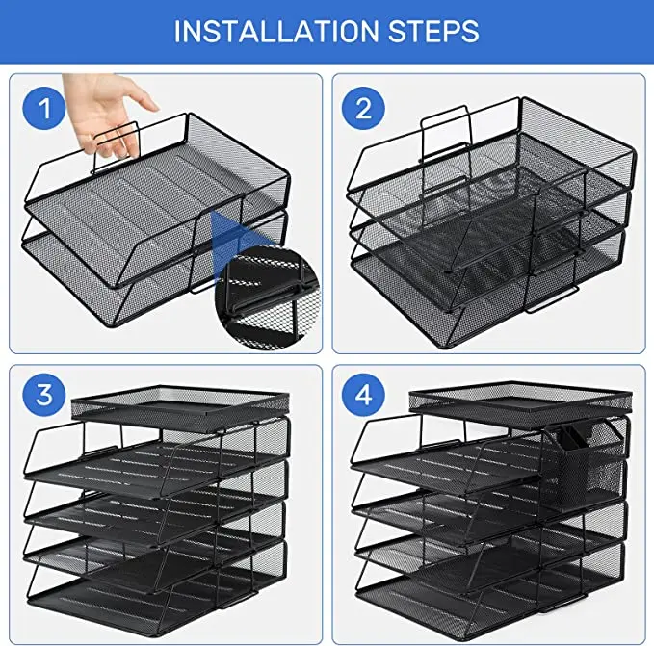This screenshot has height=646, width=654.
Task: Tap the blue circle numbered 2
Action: [x=363, y=109]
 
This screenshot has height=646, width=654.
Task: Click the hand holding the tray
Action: [x=120, y=111]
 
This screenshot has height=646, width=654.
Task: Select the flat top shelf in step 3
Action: [x=180, y=403]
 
